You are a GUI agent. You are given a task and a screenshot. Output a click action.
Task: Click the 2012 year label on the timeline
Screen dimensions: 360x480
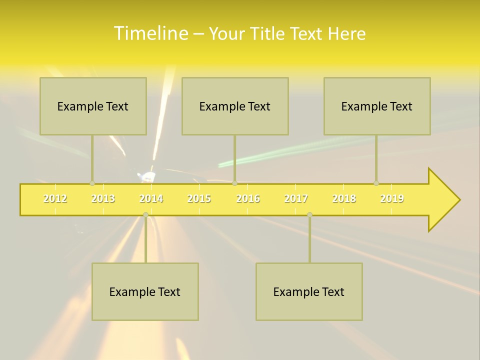(x=55, y=198)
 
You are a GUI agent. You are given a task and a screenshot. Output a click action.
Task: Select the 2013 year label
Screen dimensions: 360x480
(x=103, y=198)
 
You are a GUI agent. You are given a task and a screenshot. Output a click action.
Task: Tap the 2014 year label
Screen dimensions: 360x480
(x=151, y=198)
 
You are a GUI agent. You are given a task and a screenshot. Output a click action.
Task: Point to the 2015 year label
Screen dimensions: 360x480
(x=199, y=198)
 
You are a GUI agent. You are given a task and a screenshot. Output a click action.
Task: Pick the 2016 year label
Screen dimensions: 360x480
(x=248, y=198)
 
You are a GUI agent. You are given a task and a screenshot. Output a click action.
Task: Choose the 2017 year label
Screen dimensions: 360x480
(x=296, y=198)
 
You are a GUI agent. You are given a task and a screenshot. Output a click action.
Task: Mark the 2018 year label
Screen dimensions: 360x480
(x=344, y=198)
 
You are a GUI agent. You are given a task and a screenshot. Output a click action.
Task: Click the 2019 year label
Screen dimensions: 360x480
(x=392, y=198)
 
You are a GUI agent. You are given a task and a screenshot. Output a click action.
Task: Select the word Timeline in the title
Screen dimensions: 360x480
(x=150, y=33)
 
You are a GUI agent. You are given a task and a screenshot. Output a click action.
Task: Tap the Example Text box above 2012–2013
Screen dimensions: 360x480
(x=93, y=106)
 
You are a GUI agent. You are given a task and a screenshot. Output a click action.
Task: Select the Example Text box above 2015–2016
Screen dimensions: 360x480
(x=235, y=106)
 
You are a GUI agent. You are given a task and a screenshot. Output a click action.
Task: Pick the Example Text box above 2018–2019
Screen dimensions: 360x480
(x=377, y=106)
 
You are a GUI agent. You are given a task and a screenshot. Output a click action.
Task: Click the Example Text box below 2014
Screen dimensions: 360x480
(x=145, y=291)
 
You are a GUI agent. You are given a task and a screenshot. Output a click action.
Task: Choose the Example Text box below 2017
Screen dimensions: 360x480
(x=309, y=291)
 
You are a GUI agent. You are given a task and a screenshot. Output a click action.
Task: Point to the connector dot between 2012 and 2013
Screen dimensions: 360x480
(x=92, y=183)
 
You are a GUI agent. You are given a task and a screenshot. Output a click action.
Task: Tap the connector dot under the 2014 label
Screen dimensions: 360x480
(x=145, y=215)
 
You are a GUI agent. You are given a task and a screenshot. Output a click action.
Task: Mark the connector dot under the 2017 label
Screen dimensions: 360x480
(x=309, y=215)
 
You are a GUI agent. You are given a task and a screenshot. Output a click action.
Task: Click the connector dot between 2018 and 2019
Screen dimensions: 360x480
(x=376, y=183)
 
